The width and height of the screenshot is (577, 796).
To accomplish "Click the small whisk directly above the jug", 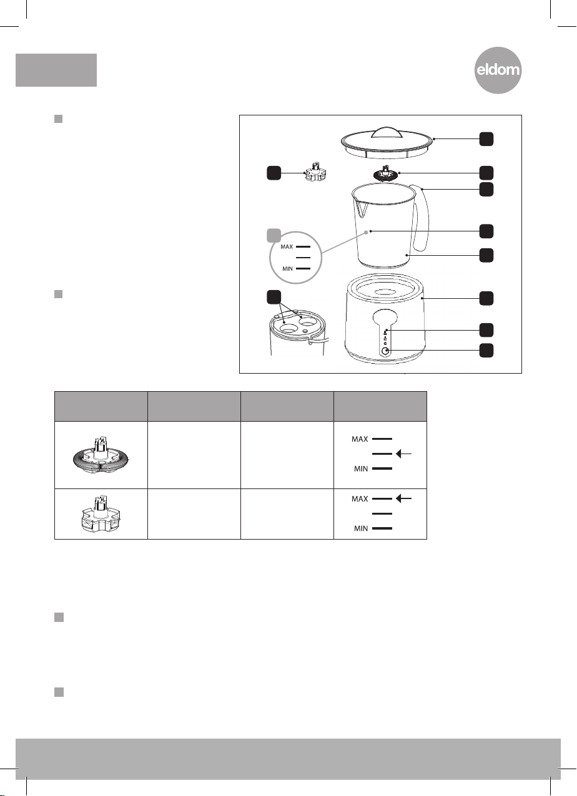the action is pyautogui.click(x=385, y=173).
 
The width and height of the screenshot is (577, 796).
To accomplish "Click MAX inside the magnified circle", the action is pyautogui.click(x=286, y=246).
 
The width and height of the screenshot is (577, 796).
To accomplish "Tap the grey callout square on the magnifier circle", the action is pyautogui.click(x=273, y=236).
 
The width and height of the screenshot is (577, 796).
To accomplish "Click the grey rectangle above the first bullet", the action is pyautogui.click(x=56, y=69).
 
